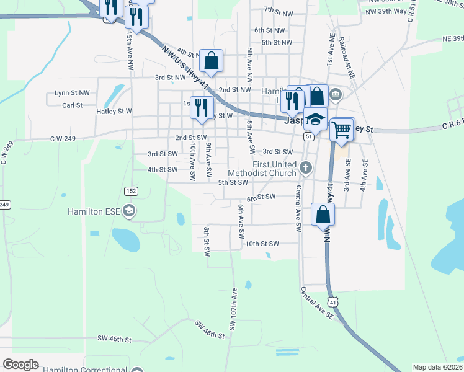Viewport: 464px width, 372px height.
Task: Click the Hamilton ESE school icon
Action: (129, 211)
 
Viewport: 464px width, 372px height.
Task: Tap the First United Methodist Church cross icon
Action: (306, 167)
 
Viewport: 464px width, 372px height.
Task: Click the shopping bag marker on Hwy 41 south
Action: (323, 215)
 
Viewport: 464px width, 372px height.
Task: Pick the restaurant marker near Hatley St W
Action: (201, 107)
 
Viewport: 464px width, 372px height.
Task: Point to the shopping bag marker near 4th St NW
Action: (211, 61)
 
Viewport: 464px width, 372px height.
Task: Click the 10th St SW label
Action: (263, 244)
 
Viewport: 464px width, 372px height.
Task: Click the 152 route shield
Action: (130, 190)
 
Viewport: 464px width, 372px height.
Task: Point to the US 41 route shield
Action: (334, 302)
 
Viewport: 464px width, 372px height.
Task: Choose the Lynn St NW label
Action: (72, 92)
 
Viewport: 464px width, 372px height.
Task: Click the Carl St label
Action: (72, 105)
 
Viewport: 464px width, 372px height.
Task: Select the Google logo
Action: (20, 365)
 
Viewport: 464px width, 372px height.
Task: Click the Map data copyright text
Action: (437, 367)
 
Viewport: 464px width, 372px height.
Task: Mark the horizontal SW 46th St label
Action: (115, 339)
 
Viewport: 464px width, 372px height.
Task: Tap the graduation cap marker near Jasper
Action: (315, 118)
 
